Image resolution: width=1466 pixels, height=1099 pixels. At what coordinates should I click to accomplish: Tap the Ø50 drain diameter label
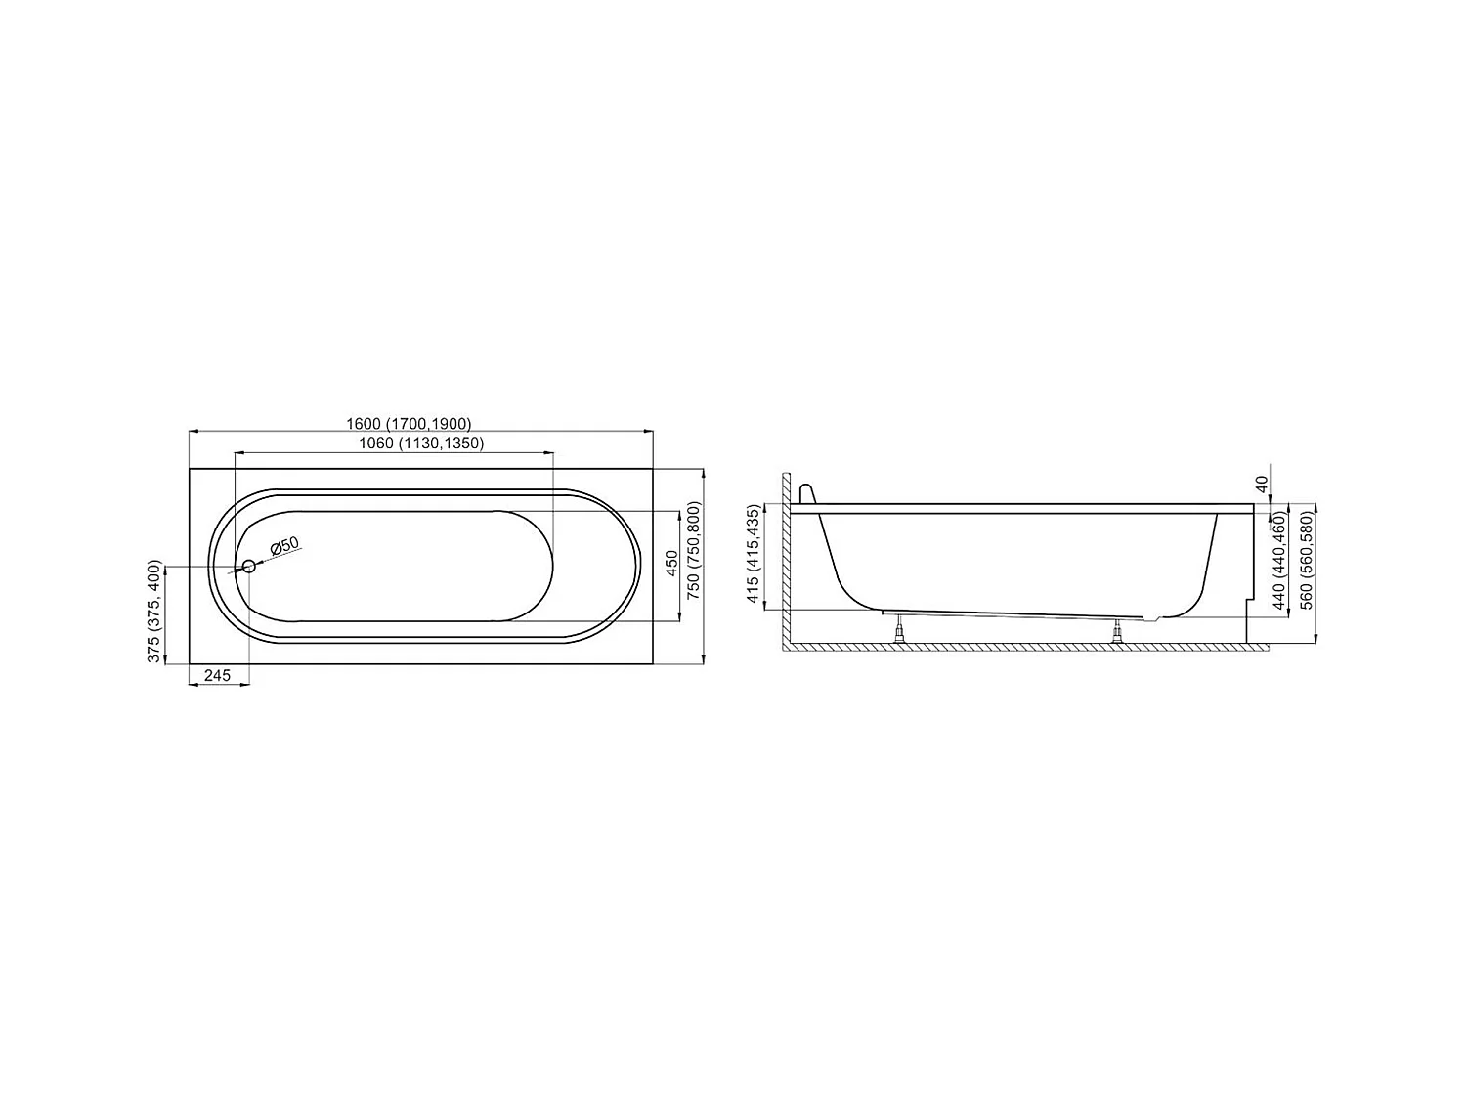[x=284, y=546]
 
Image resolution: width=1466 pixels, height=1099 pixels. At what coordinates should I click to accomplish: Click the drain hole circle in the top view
[x=249, y=566]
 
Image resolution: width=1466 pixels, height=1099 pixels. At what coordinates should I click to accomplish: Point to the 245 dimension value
[x=217, y=675]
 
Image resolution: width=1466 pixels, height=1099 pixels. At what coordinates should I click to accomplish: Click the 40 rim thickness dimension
[x=1261, y=484]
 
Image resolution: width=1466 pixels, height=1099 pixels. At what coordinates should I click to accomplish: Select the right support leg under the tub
[x=1117, y=632]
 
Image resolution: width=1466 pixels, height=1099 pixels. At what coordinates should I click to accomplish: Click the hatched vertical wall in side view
[x=785, y=562]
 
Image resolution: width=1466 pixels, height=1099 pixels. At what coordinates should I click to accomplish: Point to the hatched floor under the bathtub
[x=1016, y=647]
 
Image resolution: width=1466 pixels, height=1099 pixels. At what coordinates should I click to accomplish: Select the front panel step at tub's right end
[x=1251, y=599]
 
